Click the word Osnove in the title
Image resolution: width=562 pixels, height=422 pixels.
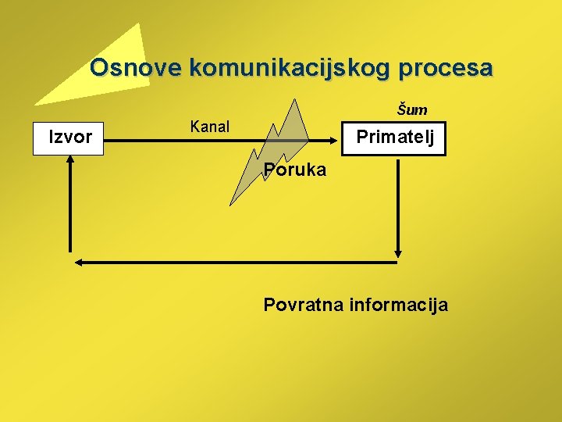coord(136,68)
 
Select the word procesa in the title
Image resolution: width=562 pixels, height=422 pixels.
coord(446,68)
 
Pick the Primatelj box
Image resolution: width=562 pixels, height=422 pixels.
coord(394,139)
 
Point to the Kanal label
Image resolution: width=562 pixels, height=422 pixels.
coord(210,127)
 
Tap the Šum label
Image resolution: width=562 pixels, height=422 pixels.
coord(412,110)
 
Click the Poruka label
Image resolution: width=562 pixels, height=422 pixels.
coord(294,170)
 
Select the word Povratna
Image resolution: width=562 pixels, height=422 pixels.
coord(303,305)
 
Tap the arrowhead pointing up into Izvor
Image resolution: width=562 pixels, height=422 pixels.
coord(69,159)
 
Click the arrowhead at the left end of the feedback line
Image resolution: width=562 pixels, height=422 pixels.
coord(77,263)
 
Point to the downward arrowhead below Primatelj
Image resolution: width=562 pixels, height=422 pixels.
coord(399,252)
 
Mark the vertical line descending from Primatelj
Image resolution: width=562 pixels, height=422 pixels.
coord(399,203)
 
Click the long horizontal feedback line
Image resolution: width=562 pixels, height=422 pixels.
coord(234,263)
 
